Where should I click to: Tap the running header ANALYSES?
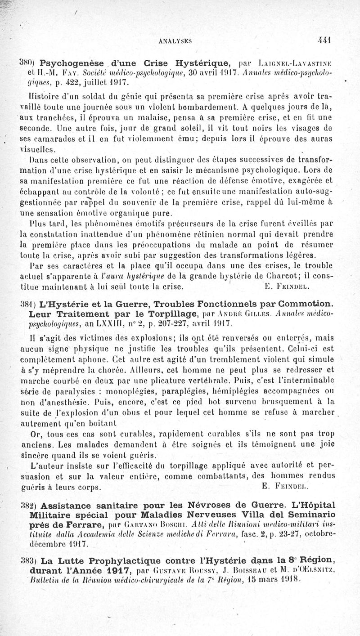pyautogui.click(x=176, y=40)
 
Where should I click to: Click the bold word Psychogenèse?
pyautogui.click(x=70, y=63)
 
